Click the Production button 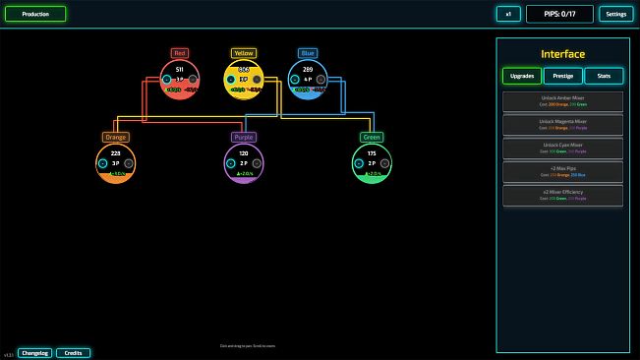pos(35,14)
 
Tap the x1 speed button pos(507,14)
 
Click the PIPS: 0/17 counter pos(559,14)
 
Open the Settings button pos(615,14)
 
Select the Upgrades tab pos(522,76)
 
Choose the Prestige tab pos(562,76)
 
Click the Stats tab pos(604,76)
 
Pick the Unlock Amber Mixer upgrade pos(562,101)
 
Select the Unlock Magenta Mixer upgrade pos(562,125)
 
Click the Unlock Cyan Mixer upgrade pos(562,149)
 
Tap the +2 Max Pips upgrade pos(562,172)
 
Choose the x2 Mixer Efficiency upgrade pos(562,196)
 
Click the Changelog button pos(34,352)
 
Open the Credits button pos(73,352)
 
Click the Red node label pos(179,53)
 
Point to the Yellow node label pos(244,53)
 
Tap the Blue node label pos(308,53)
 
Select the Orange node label pos(116,137)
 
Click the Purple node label pos(244,137)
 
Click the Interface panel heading pos(562,54)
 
